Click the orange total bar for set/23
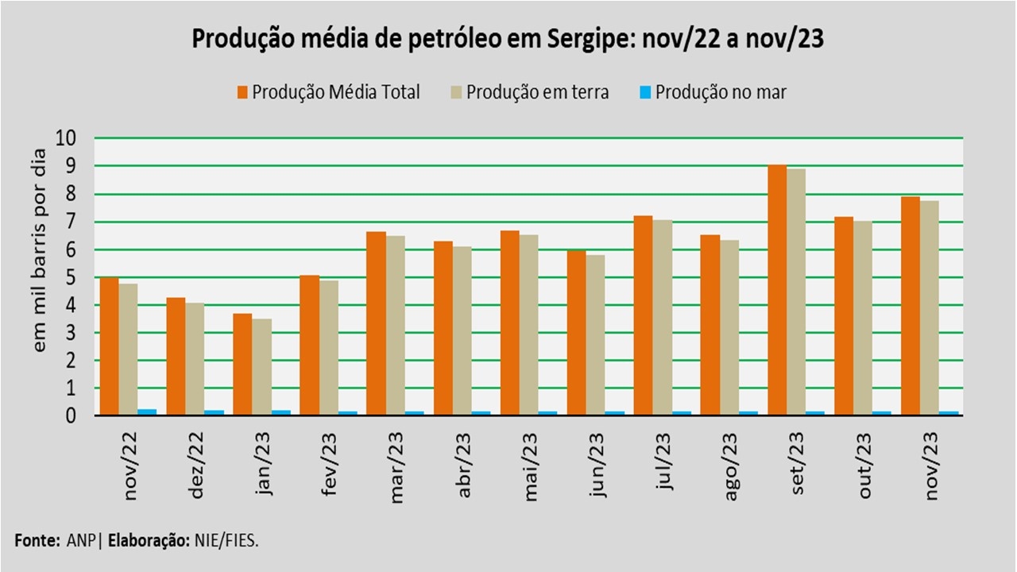(x=777, y=290)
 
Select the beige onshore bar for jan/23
(x=261, y=367)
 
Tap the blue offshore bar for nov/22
(x=147, y=412)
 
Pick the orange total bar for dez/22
(x=176, y=357)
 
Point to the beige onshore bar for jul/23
(x=663, y=318)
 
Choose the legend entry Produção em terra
(x=537, y=92)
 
